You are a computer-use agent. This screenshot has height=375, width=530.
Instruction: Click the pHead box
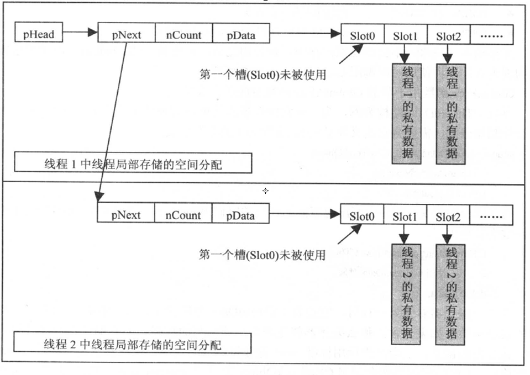(x=38, y=35)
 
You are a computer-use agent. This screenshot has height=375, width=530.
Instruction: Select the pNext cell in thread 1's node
(x=126, y=35)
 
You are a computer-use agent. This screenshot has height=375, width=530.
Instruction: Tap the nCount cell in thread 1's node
(x=183, y=35)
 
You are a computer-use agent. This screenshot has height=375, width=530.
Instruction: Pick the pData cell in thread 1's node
(x=240, y=35)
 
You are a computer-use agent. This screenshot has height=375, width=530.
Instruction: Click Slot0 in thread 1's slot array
(x=363, y=36)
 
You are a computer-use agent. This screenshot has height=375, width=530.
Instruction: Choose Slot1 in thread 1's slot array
(x=405, y=36)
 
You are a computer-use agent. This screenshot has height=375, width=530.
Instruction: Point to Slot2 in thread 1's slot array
(x=448, y=36)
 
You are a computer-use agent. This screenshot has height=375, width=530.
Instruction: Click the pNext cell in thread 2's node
(x=125, y=214)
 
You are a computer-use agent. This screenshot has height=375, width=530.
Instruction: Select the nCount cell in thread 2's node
(x=183, y=214)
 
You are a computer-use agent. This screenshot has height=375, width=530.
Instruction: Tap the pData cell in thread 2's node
(x=240, y=214)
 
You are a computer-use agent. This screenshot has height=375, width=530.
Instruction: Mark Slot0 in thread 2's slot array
(x=362, y=216)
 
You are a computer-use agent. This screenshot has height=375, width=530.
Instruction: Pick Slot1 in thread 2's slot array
(x=405, y=216)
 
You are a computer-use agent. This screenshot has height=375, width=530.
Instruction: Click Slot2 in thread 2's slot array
(x=447, y=216)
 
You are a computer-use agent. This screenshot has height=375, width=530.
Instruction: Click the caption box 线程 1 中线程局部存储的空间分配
(x=133, y=164)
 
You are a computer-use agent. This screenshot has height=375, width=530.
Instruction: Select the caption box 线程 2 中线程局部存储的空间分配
(x=133, y=345)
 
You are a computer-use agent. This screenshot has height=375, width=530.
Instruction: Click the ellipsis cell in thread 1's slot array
(x=491, y=36)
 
